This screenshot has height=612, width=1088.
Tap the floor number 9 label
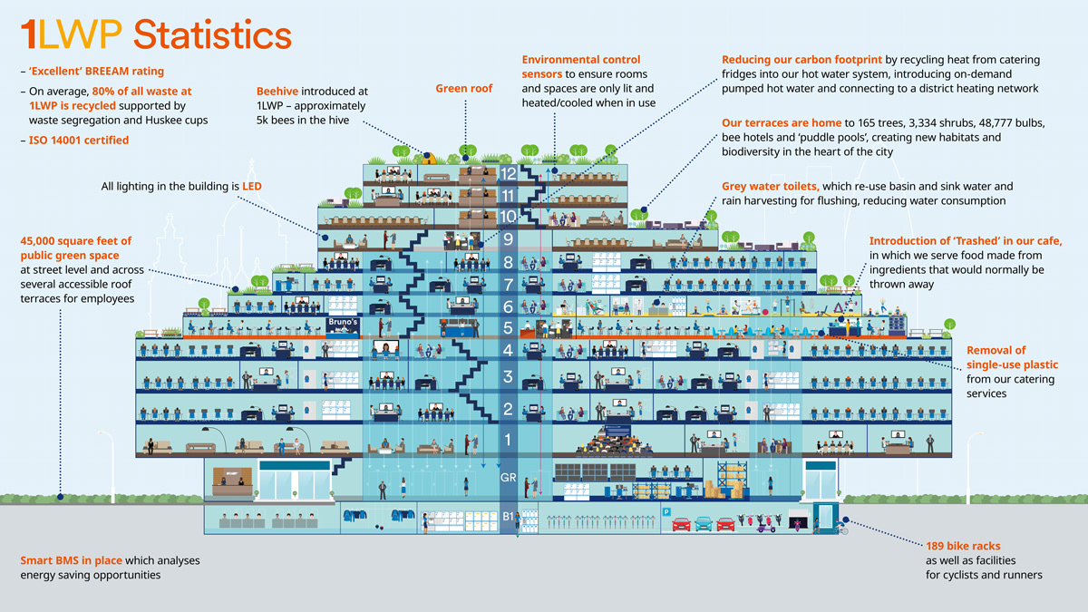(x=508, y=240)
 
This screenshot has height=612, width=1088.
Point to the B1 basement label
(x=508, y=517)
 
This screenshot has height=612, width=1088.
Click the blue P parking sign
(x=666, y=512)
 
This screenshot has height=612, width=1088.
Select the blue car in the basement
(x=703, y=523)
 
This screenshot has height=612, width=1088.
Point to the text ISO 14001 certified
(x=79, y=141)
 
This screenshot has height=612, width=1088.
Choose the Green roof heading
(x=464, y=89)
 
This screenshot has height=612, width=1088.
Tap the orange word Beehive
(x=277, y=92)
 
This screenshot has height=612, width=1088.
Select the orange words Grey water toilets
(x=770, y=187)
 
